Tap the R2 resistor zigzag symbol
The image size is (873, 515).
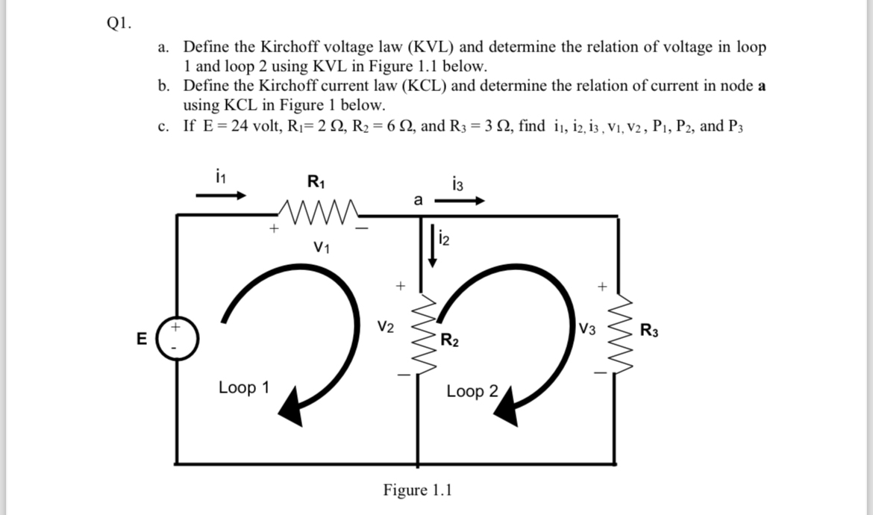coord(421,332)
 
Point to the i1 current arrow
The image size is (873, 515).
coord(220,196)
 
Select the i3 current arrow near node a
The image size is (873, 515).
coord(460,200)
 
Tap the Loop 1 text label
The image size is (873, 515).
coord(243,388)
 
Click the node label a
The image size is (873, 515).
coord(417,200)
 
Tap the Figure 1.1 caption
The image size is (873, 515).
coord(417,490)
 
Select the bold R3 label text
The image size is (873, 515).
coord(649,331)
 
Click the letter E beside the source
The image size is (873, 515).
coord(140,339)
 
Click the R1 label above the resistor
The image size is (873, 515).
coord(316,181)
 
